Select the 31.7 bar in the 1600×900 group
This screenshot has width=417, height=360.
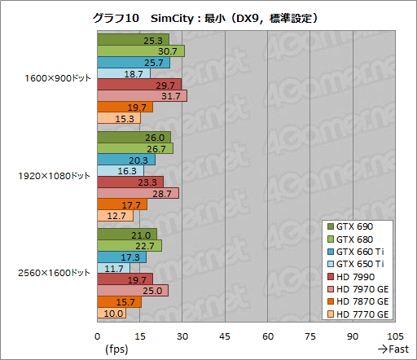click(142, 96)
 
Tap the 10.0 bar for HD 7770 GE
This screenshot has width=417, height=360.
click(112, 314)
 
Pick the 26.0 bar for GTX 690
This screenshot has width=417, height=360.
click(134, 137)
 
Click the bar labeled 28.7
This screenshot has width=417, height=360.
click(138, 193)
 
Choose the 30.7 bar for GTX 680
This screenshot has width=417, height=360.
click(140, 50)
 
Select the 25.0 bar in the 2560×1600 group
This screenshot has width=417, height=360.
click(132, 291)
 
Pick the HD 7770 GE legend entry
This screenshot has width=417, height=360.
click(359, 314)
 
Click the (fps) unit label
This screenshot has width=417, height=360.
click(116, 349)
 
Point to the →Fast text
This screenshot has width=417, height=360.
click(392, 349)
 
